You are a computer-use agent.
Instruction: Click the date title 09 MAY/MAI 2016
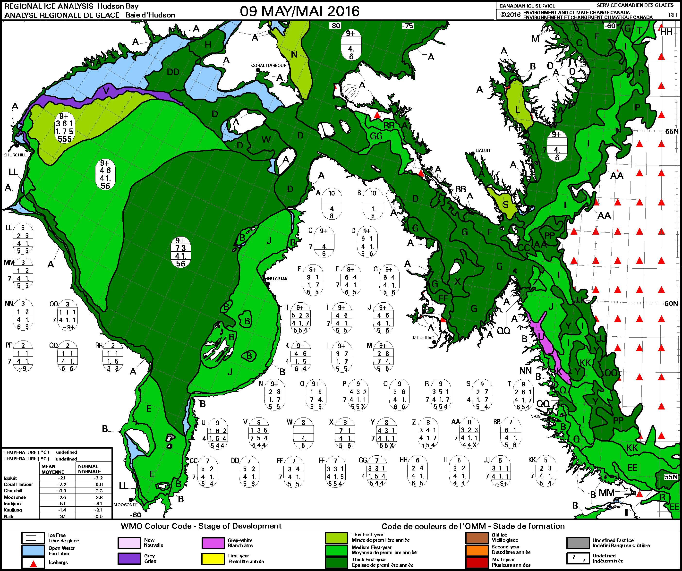299,11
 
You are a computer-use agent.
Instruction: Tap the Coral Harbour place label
269,65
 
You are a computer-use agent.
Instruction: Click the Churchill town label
15,155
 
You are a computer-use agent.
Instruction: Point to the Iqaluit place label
482,150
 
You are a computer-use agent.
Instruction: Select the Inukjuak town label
277,279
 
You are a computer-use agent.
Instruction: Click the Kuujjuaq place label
424,338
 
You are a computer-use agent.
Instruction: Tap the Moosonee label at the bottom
126,505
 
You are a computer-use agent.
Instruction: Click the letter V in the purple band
106,90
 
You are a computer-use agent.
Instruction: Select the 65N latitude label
672,131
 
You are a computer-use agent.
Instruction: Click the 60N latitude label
671,303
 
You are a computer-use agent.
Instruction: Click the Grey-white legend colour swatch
213,543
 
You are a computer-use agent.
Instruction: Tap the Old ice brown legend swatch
477,538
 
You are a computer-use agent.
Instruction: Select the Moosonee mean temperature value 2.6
62,497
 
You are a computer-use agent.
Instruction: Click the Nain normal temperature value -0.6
99,516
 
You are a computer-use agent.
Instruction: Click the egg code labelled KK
545,472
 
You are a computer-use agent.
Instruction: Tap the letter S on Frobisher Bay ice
505,205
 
